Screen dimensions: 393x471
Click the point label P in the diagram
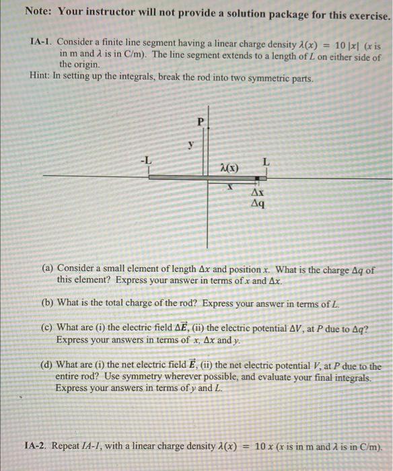(x=199, y=122)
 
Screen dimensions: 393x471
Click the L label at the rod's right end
(x=266, y=161)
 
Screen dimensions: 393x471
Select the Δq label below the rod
(x=257, y=203)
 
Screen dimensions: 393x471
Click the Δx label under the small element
(x=257, y=192)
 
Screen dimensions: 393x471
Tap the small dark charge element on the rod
(x=258, y=178)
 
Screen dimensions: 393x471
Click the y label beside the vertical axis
(x=190, y=144)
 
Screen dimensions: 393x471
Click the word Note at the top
(x=38, y=11)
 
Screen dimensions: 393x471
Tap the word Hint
(x=42, y=77)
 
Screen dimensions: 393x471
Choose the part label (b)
(x=48, y=302)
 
